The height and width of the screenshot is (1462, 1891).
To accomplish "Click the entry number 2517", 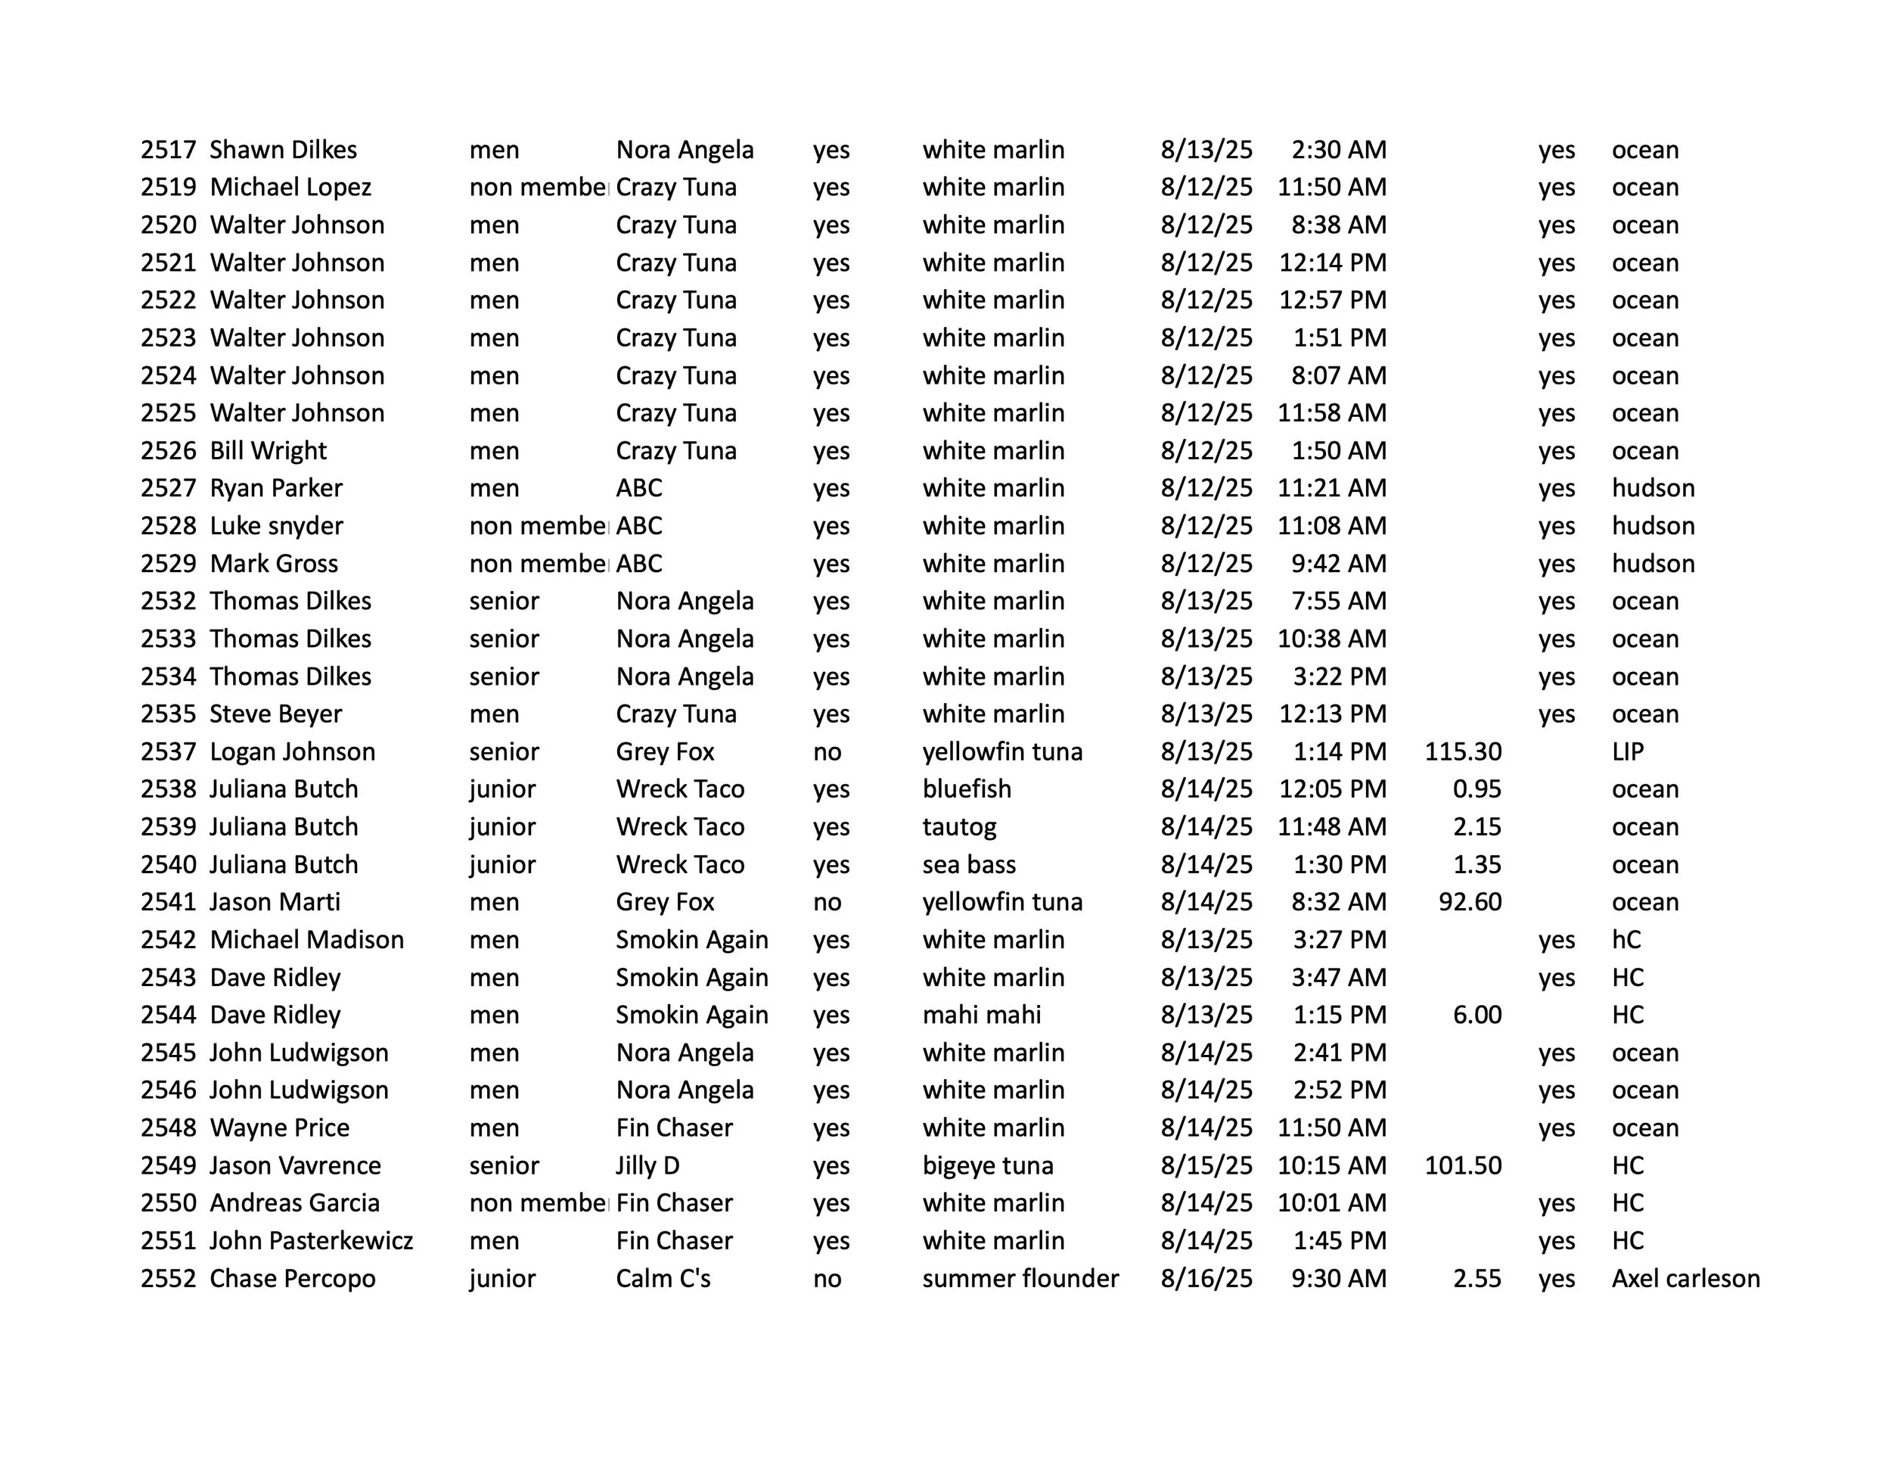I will pos(169,150).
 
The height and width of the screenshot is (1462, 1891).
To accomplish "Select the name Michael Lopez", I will pos(290,187).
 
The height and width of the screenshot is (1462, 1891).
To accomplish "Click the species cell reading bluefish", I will pos(966,789).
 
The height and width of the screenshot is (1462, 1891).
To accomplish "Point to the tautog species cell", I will pos(959,827).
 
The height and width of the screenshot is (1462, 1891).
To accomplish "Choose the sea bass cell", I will pos(969,864).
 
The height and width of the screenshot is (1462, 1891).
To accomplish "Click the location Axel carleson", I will pos(1685,1278).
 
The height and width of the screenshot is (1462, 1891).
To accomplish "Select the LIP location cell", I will pos(1627,751).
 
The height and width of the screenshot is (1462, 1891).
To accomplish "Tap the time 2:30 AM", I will pos(1339,150).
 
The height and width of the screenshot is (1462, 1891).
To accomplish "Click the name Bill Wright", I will pos(268,450).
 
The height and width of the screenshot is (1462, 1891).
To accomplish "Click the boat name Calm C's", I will pos(663,1278).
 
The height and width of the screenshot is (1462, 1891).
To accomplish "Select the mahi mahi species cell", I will pos(981,1015).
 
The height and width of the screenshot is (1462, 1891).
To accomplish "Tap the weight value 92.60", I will pos(1470,903).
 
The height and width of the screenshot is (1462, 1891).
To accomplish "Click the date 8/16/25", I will pos(1206,1278).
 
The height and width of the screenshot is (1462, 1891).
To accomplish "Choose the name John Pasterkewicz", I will pos(311,1241).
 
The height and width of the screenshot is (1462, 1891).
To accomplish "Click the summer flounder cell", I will pos(1020,1278).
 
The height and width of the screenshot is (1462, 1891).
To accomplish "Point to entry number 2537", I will pos(169,751).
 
